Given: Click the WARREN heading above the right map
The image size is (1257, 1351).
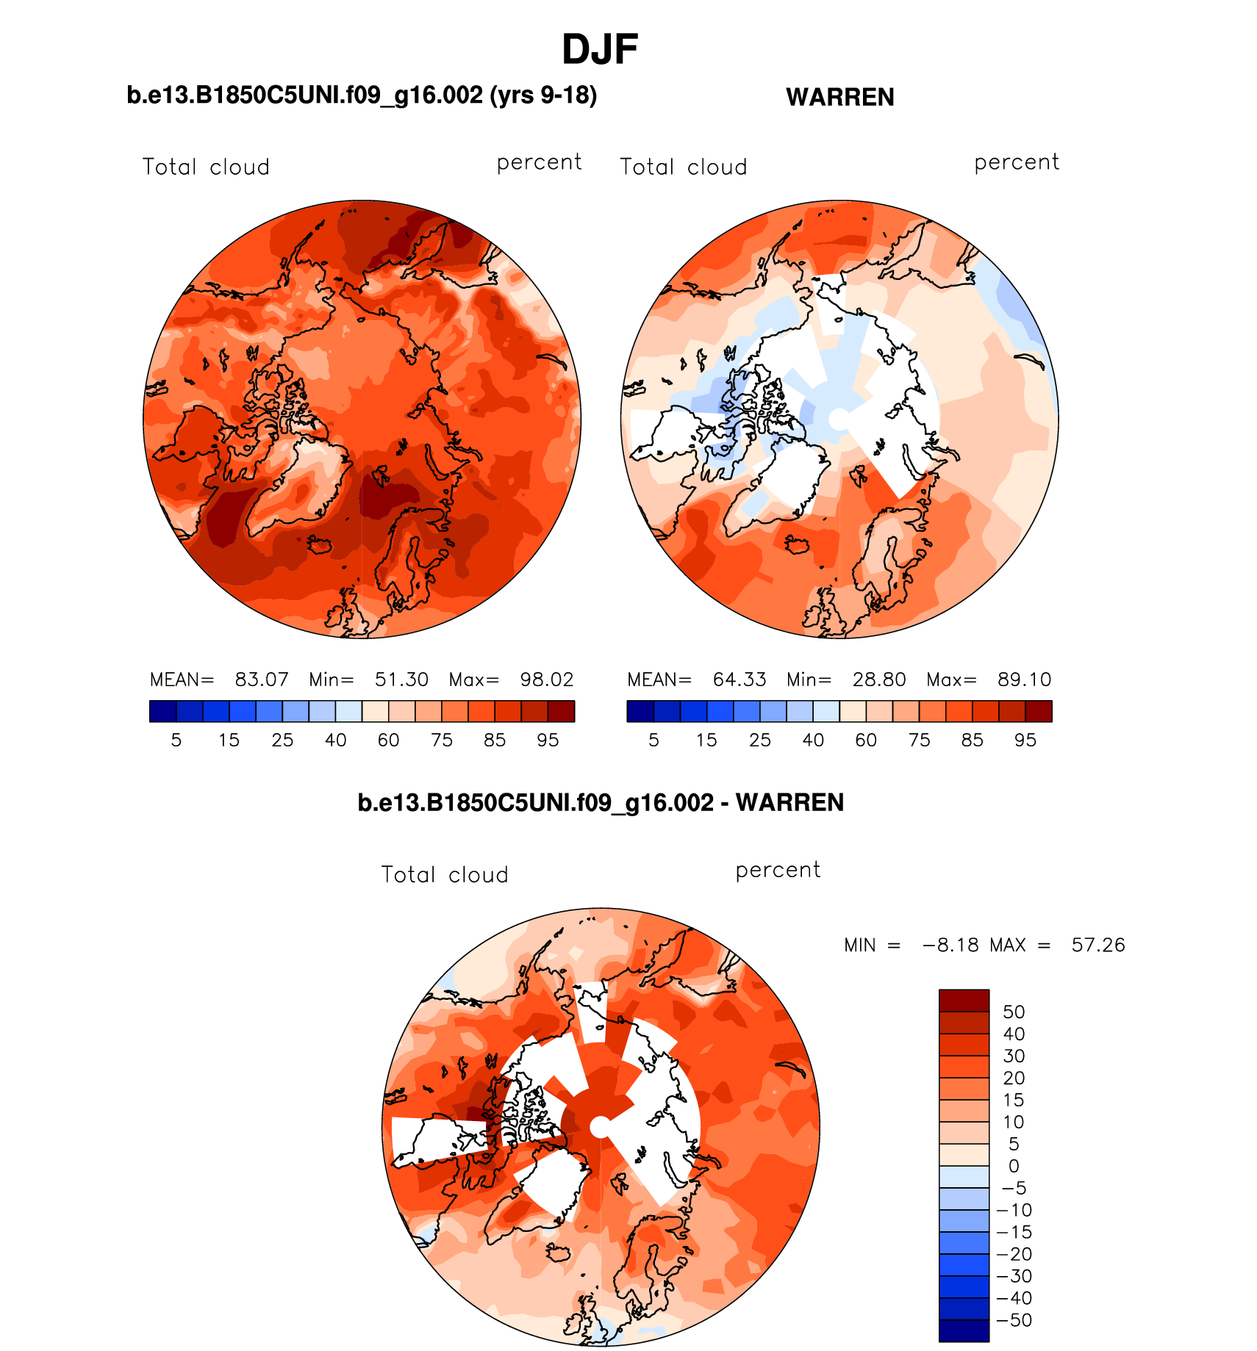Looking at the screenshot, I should (839, 98).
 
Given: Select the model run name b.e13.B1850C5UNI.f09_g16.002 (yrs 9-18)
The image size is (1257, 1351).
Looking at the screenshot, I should (362, 96).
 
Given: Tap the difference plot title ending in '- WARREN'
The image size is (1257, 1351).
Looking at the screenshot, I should (601, 802).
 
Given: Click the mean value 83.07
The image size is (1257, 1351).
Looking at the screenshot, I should (262, 680).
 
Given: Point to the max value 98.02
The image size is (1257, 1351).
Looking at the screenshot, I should (547, 680).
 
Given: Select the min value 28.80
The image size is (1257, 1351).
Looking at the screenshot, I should (879, 680).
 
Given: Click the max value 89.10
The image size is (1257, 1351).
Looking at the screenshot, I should (1025, 680).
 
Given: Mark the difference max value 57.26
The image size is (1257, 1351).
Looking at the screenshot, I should (1098, 945).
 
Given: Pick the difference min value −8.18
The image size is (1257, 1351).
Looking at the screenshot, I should (950, 945).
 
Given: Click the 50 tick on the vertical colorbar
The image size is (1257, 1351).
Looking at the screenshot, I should (1014, 1012).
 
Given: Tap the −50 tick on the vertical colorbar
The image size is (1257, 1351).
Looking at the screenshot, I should (1014, 1320).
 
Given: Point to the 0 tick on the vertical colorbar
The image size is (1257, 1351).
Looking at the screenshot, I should (1014, 1166).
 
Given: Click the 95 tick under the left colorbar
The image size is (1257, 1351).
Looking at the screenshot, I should (548, 741).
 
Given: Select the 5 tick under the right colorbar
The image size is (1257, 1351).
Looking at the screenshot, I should (653, 741).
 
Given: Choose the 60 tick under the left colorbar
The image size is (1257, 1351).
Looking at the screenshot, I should (388, 741).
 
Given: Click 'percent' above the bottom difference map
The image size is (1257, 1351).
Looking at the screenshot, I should (778, 870).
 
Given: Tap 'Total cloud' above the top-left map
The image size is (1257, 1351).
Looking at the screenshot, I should (206, 167).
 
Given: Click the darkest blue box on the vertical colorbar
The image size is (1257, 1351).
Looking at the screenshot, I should (964, 1330).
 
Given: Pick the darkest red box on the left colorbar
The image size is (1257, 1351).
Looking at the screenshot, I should (561, 711).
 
